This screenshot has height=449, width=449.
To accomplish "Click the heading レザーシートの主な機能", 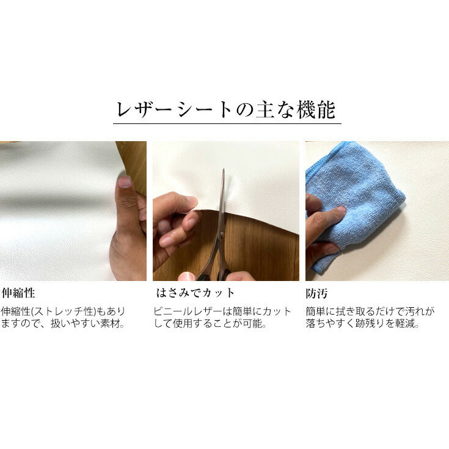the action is coord(226,110).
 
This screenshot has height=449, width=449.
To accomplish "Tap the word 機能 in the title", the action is coord(316,110).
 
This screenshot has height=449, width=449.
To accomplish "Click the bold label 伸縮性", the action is coord(18,293).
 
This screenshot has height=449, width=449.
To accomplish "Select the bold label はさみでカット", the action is coord(195,293).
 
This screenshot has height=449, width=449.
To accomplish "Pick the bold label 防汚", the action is coord(316,293).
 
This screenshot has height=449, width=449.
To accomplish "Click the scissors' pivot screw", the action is coord(221,234).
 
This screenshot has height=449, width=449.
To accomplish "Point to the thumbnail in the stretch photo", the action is coord(125,181).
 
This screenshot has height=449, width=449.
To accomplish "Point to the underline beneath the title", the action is coord(227,123).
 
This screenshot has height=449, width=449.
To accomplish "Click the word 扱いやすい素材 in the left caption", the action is coord(87,324).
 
